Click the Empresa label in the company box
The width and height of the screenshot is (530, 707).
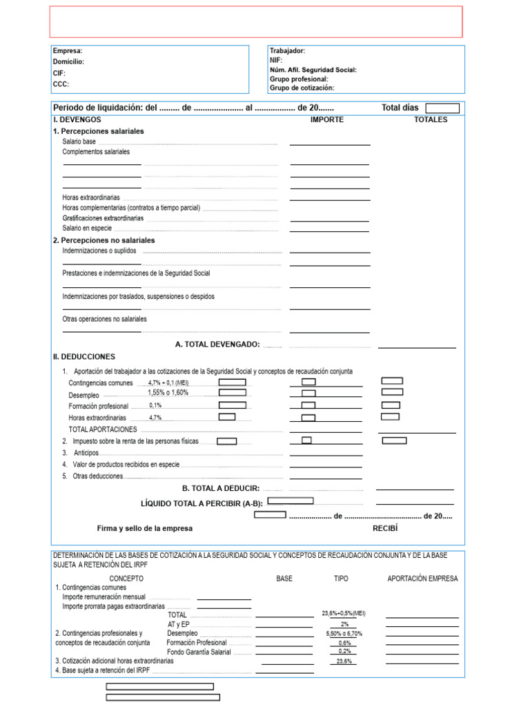(68, 51)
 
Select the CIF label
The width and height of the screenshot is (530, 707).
(59, 72)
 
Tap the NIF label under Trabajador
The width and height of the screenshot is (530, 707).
(277, 60)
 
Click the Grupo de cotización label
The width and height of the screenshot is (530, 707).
(302, 88)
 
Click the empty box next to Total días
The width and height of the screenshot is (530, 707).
(442, 108)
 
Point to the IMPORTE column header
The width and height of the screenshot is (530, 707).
(327, 119)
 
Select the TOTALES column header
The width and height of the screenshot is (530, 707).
(431, 119)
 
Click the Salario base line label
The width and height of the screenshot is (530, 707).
(79, 142)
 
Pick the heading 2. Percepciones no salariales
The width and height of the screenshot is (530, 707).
(104, 240)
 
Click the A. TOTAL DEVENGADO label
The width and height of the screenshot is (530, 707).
(217, 344)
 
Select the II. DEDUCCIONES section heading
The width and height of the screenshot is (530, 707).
(84, 357)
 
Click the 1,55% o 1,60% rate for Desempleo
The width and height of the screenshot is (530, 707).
(168, 393)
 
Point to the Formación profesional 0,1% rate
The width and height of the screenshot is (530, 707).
(155, 405)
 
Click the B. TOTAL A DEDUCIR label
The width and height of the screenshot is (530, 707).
(221, 488)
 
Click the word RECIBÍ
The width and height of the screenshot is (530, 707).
(386, 528)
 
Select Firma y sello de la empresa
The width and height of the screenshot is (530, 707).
(145, 528)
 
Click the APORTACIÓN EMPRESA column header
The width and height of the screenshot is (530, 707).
(422, 579)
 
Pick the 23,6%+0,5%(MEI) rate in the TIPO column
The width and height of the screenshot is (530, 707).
(344, 613)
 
